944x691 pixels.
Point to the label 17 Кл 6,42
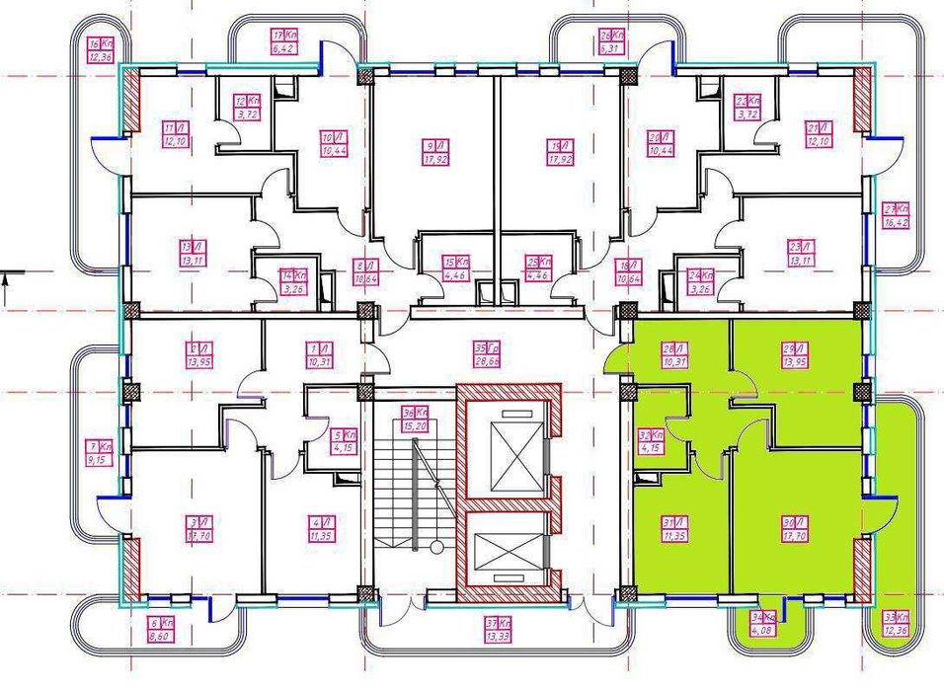coord(284,39)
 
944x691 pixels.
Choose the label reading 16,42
coord(896,216)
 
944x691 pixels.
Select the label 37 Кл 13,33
coord(497,629)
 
